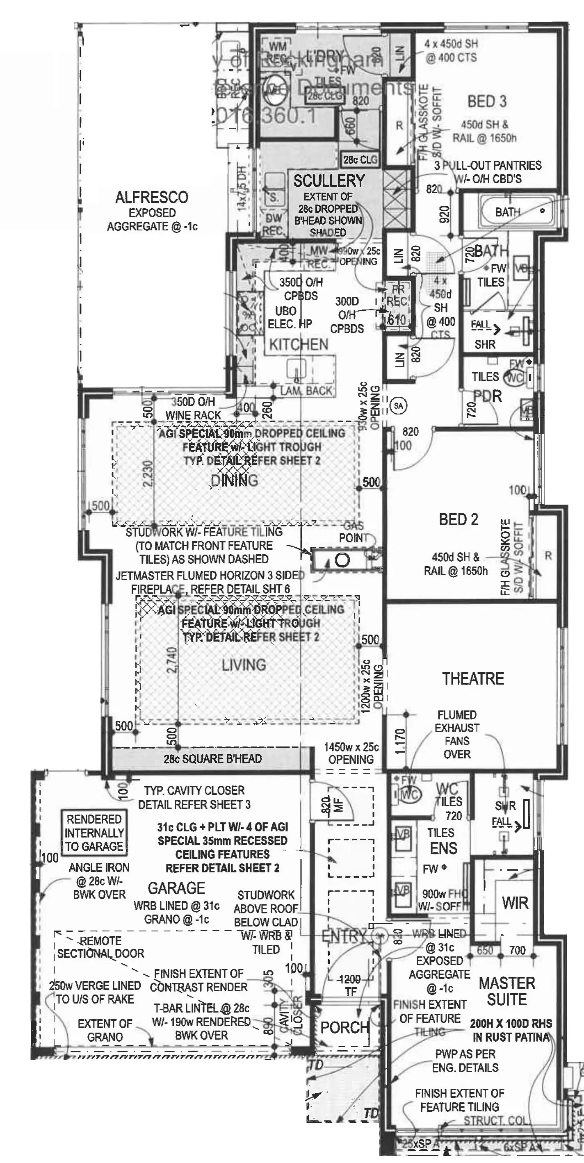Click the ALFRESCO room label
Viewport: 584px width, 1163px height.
[x=151, y=197]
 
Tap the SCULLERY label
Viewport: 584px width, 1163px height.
[x=329, y=181]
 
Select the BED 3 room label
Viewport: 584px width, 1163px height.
[x=487, y=101]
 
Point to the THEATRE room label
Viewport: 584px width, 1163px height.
[x=473, y=678]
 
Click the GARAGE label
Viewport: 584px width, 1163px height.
[x=176, y=888]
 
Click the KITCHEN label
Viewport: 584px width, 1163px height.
[x=299, y=344]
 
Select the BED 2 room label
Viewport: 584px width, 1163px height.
[x=459, y=519]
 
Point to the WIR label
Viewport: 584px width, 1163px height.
[x=515, y=903]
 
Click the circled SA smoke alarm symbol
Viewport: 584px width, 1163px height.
[x=398, y=405]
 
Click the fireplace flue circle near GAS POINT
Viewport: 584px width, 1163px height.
[x=342, y=561]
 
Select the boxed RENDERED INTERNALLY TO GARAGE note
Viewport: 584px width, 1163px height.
[x=94, y=833]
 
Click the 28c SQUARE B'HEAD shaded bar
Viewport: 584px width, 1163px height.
[x=212, y=758]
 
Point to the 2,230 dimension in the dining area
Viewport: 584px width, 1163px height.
[x=148, y=473]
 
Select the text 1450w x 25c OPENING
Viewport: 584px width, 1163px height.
[x=351, y=753]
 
